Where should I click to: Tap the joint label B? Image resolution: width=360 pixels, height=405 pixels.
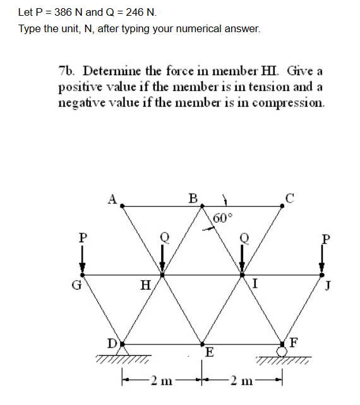(193, 198)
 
